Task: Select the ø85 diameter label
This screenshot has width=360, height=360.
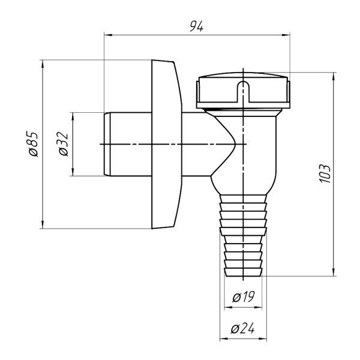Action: (34, 144)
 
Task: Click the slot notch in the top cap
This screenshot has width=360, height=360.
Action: (243, 90)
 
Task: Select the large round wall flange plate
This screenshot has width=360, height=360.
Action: (165, 144)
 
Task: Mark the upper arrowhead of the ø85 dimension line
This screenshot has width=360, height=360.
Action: (42, 62)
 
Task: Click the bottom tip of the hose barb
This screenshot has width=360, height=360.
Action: (243, 275)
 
